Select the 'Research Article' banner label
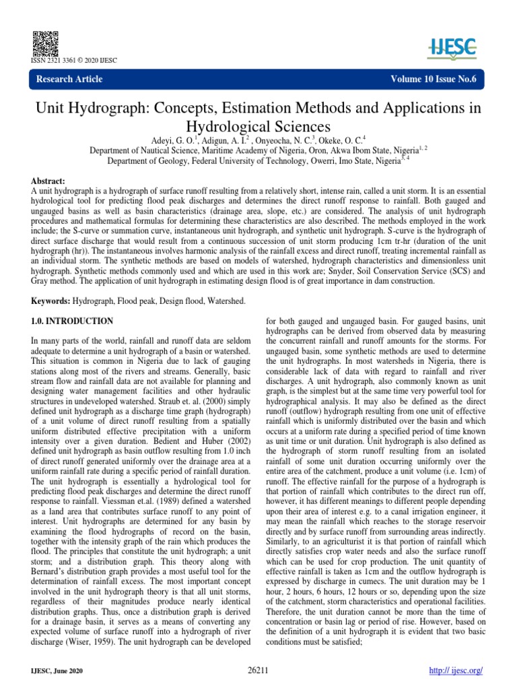click(x=69, y=80)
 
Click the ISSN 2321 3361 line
click(x=74, y=60)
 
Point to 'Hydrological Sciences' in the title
click(x=258, y=126)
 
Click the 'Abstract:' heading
click(x=50, y=182)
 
